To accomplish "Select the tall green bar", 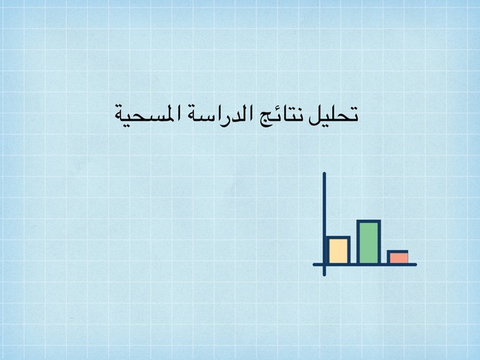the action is click(x=369, y=242).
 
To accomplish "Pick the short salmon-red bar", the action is click(x=397, y=258).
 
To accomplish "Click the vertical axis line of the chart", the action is click(x=324, y=224).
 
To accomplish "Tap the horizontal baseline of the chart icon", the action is click(x=364, y=265).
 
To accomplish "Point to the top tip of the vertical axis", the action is click(x=324, y=172).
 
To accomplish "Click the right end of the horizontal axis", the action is click(x=416, y=265).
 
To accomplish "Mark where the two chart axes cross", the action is click(x=324, y=265).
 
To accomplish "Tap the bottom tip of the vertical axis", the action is click(x=324, y=275).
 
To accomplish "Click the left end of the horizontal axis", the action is click(x=313, y=265).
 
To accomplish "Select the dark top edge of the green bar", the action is click(x=369, y=221).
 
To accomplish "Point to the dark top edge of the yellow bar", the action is click(x=338, y=238).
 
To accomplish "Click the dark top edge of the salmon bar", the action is click(x=397, y=252).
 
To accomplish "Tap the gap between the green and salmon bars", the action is click(x=384, y=257).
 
